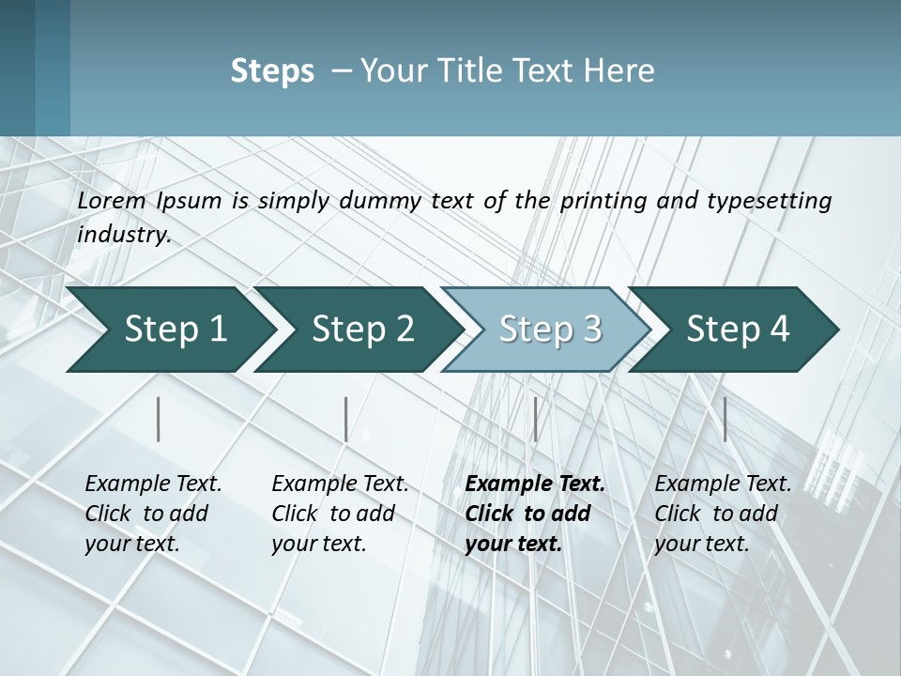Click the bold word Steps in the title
272,71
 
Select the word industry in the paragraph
123,235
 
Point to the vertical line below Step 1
159,419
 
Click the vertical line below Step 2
346,419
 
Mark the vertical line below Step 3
535,419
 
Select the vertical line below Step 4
725,419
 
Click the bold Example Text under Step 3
535,484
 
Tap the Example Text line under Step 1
153,484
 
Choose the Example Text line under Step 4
723,484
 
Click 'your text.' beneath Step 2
318,544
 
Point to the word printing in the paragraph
601,200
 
